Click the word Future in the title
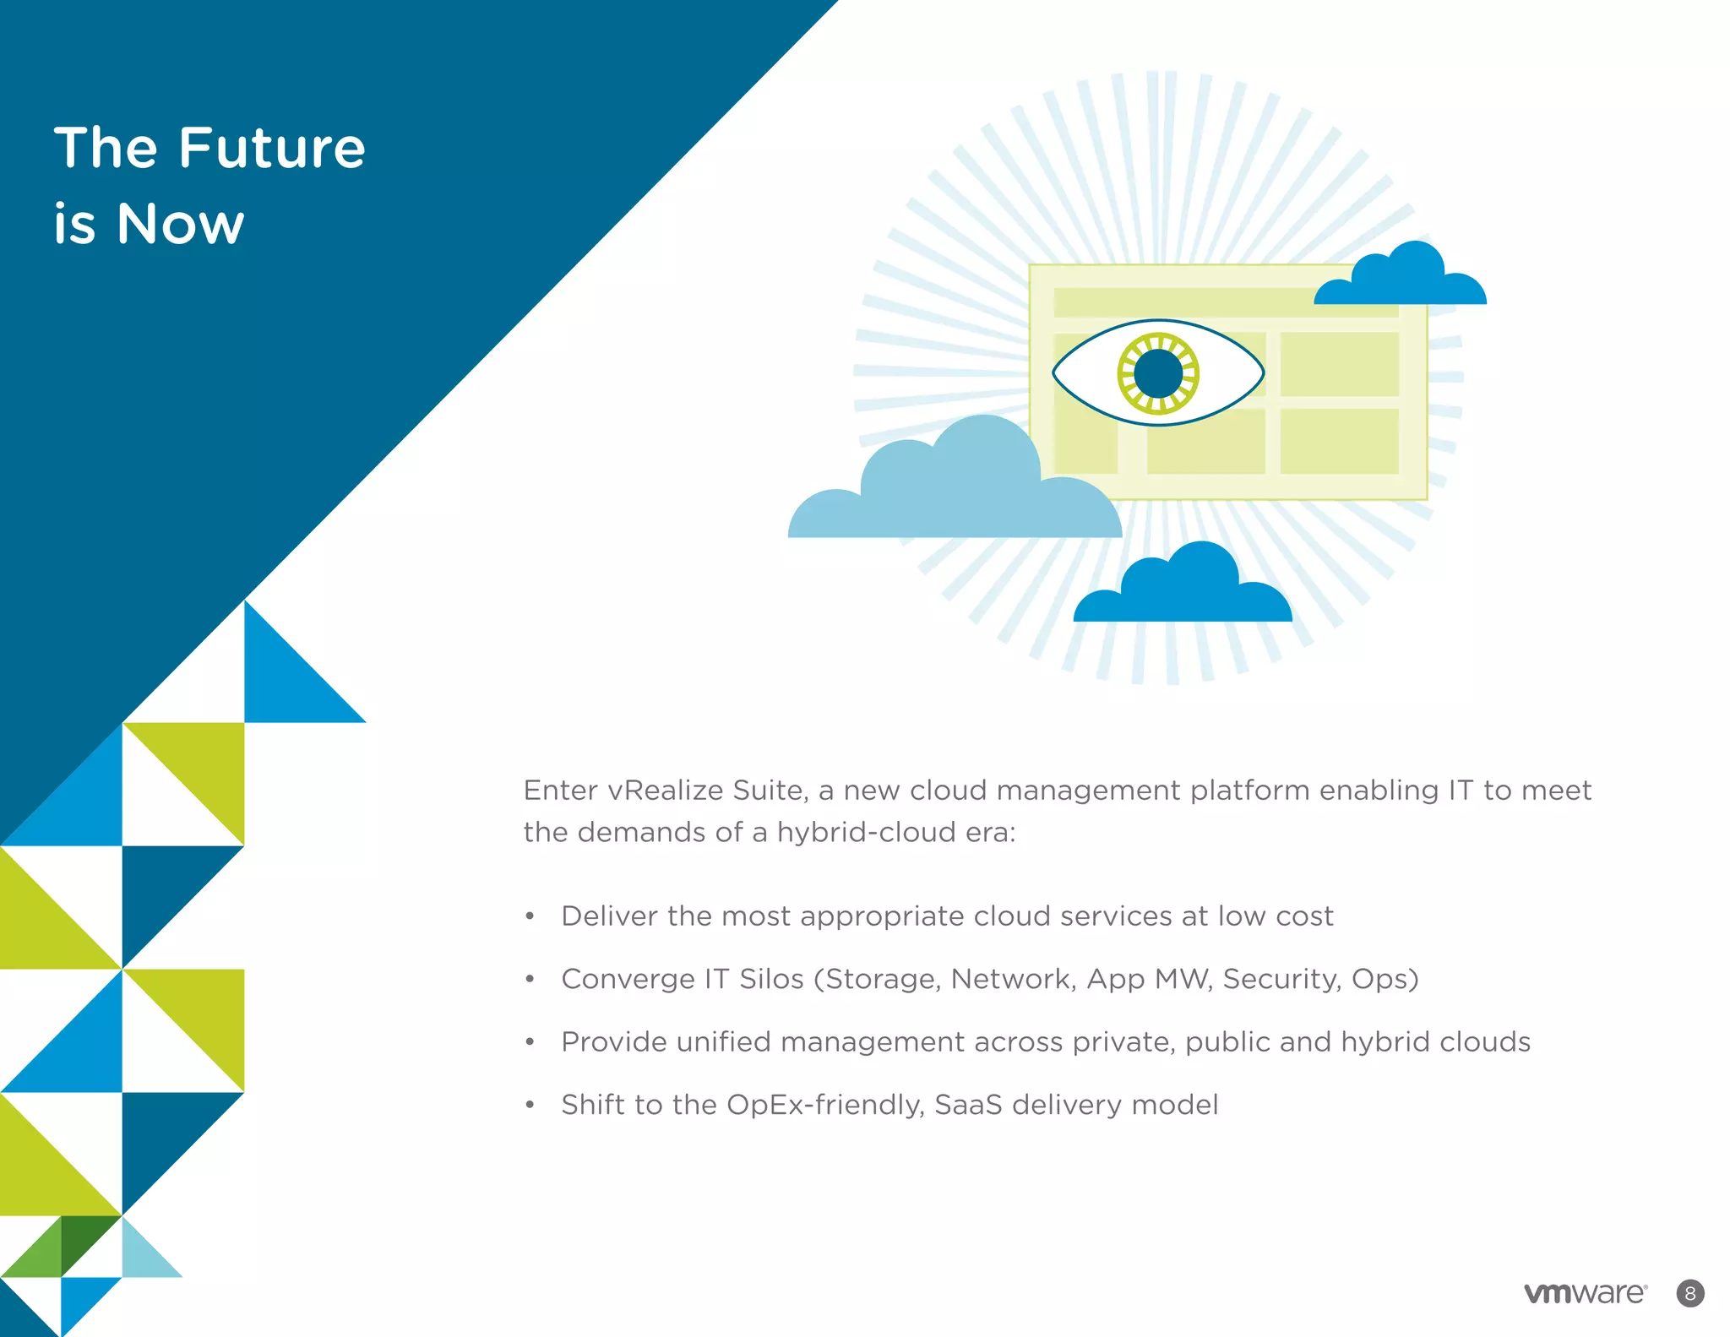coord(271,149)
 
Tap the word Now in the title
coord(181,225)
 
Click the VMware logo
coord(1585,1293)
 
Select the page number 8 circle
coord(1690,1293)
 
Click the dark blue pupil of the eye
coord(1158,372)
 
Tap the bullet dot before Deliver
coord(530,916)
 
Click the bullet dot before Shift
coord(530,1106)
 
